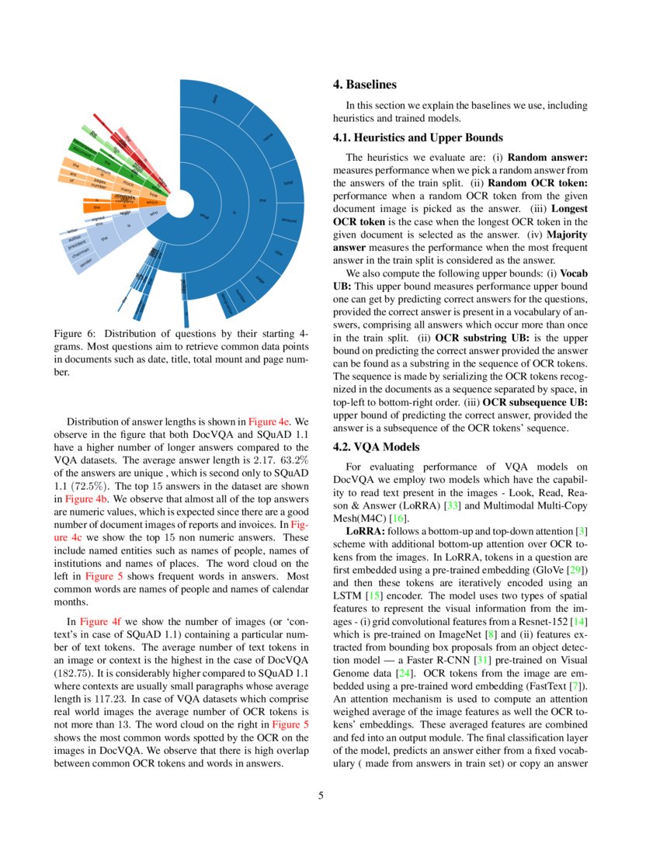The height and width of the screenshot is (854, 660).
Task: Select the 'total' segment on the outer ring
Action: [287, 183]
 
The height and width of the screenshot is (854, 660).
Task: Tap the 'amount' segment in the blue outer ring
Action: [289, 220]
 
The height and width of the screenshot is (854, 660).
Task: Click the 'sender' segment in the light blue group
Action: [84, 262]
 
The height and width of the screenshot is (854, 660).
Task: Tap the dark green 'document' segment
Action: [81, 148]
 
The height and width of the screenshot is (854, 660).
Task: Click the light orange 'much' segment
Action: [127, 184]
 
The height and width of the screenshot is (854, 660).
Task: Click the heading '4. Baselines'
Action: [364, 84]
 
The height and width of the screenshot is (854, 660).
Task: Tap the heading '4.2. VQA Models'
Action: [376, 447]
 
